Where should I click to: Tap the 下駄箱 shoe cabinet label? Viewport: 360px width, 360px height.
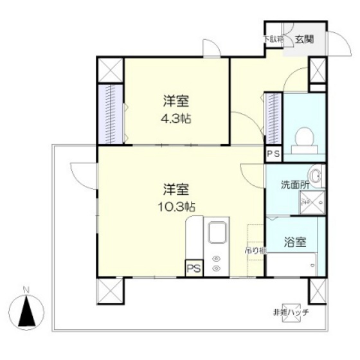(274, 39)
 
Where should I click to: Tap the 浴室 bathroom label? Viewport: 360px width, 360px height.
(296, 242)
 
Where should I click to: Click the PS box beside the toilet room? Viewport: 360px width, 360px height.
(273, 154)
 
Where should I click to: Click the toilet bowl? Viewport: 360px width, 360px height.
(303, 137)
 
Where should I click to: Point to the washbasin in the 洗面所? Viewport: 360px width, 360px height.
(315, 175)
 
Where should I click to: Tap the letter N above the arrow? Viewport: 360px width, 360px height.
(26, 290)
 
